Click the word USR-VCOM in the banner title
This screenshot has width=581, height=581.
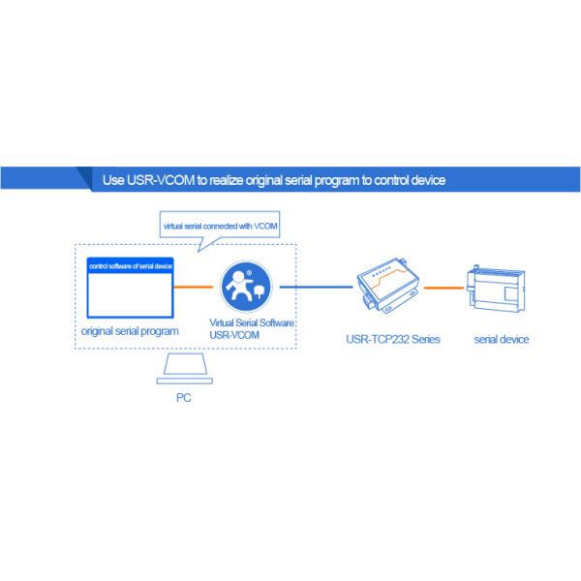(x=161, y=180)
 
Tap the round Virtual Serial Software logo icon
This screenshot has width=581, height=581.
(x=246, y=287)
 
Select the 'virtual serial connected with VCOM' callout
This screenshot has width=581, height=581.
(x=220, y=227)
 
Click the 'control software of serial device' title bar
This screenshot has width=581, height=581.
(x=130, y=265)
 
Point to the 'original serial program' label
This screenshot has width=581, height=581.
(x=130, y=331)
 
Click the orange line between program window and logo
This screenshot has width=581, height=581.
(x=193, y=287)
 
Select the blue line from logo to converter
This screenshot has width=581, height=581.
(x=316, y=287)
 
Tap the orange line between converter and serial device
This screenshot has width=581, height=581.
(x=443, y=288)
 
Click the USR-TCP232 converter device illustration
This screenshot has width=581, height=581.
(x=388, y=285)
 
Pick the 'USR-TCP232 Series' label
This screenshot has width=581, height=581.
(x=393, y=340)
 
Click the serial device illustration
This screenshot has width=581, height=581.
(x=496, y=289)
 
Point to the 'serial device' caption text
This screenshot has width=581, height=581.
(x=502, y=340)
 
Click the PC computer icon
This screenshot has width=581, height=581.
(x=185, y=368)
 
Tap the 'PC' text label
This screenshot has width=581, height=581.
(x=184, y=398)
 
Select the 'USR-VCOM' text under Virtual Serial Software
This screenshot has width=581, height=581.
(x=234, y=335)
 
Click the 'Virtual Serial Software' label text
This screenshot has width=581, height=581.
(x=252, y=322)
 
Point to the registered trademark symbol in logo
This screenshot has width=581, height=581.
(x=250, y=273)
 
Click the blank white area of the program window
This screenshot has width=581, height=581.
(x=130, y=295)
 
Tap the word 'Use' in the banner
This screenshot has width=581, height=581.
(x=113, y=180)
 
